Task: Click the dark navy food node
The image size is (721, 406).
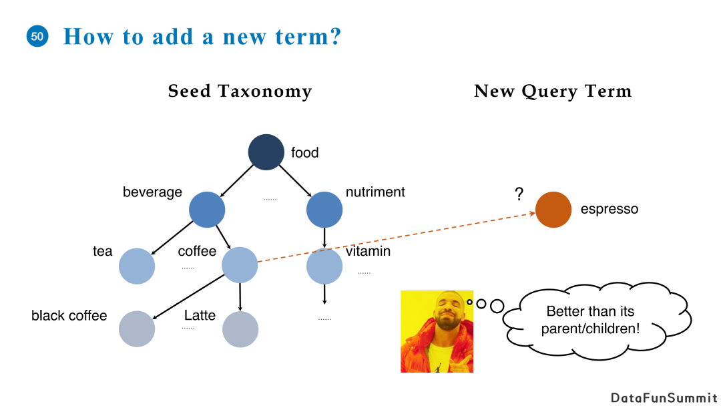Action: tap(266, 153)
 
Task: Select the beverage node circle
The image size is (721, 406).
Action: tap(207, 210)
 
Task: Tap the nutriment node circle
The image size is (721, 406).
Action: tap(324, 210)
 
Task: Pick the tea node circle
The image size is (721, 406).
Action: tap(137, 266)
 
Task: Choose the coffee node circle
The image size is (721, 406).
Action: tap(240, 264)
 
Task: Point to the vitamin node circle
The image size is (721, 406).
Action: tap(324, 266)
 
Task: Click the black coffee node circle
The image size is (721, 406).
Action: tap(137, 329)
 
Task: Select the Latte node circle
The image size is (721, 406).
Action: tap(240, 329)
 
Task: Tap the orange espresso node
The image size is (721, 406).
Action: tap(553, 210)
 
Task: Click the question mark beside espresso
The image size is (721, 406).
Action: tap(519, 195)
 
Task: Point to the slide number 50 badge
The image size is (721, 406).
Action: tap(37, 37)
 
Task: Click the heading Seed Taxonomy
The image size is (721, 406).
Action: tap(240, 91)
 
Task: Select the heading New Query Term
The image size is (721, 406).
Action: tap(553, 91)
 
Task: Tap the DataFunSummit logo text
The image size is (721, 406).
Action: tap(664, 397)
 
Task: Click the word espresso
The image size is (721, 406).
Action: tap(609, 210)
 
